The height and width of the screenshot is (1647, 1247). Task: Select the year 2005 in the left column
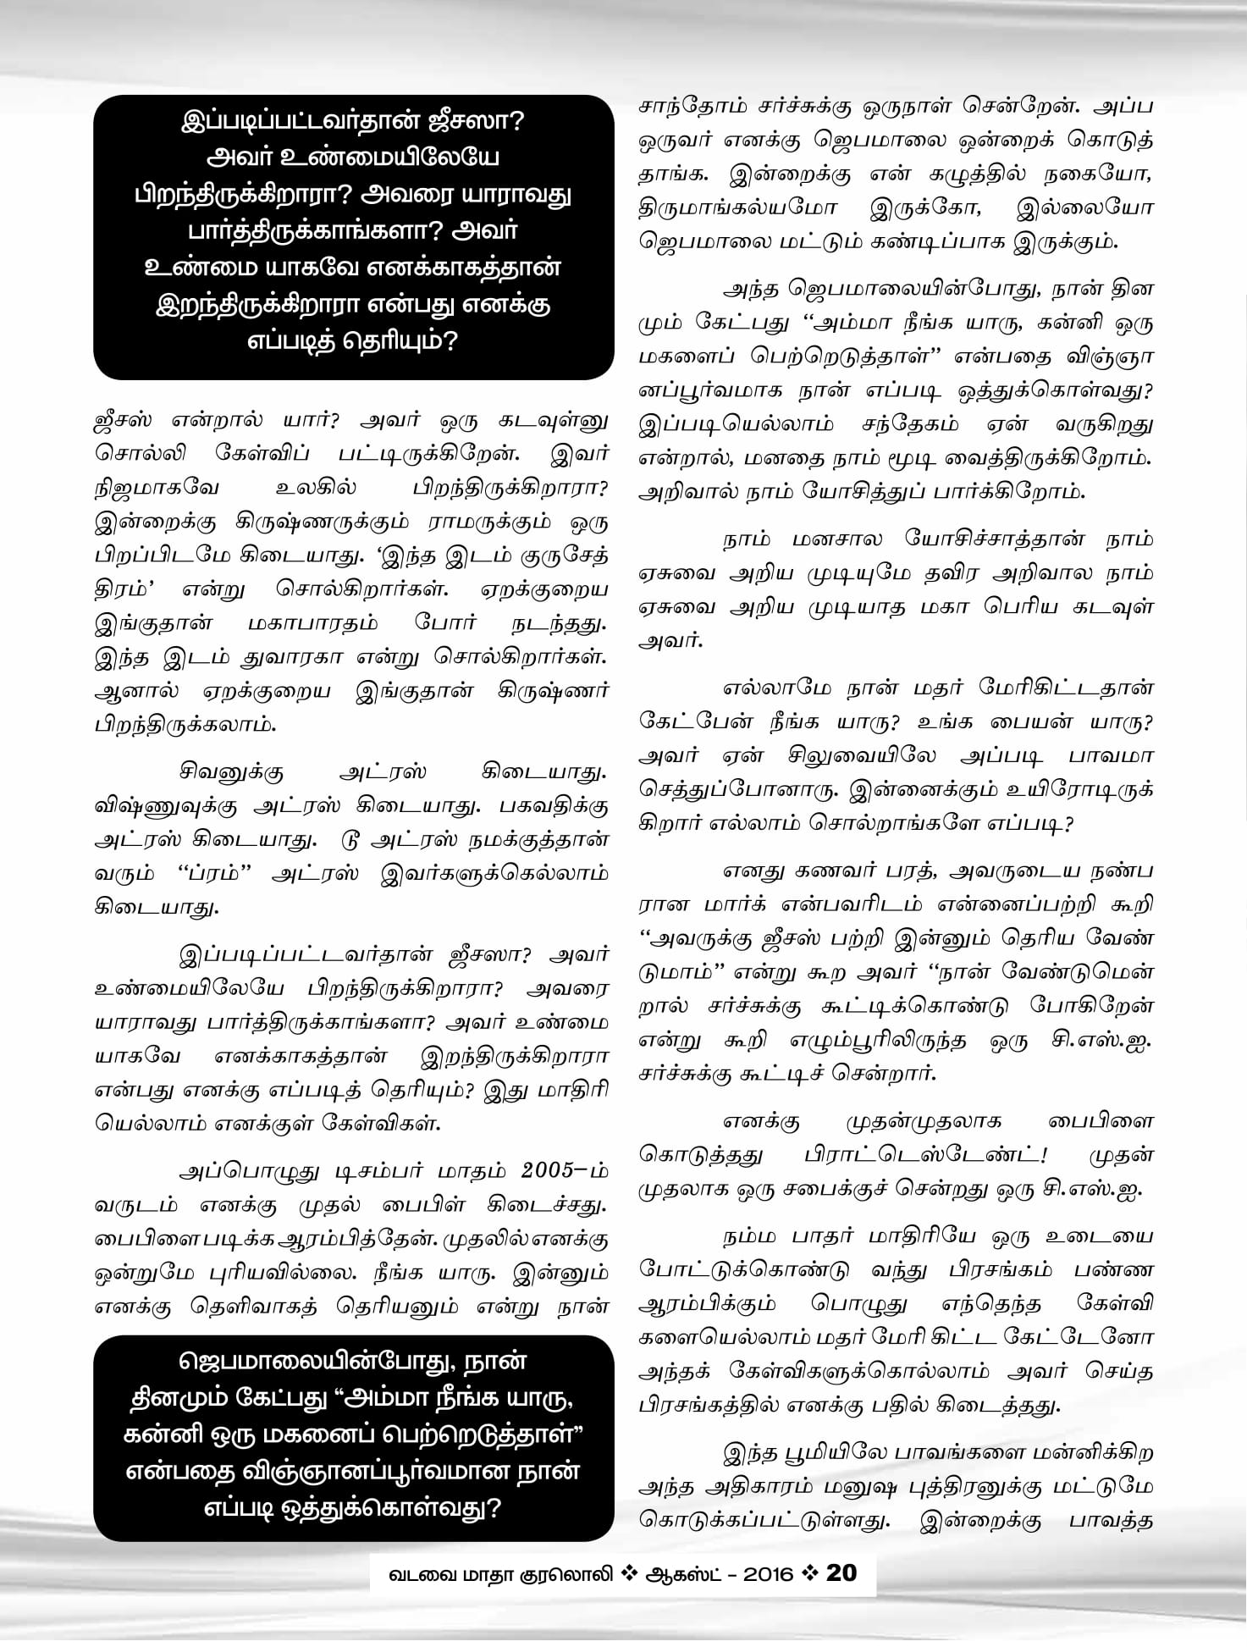555,1172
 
